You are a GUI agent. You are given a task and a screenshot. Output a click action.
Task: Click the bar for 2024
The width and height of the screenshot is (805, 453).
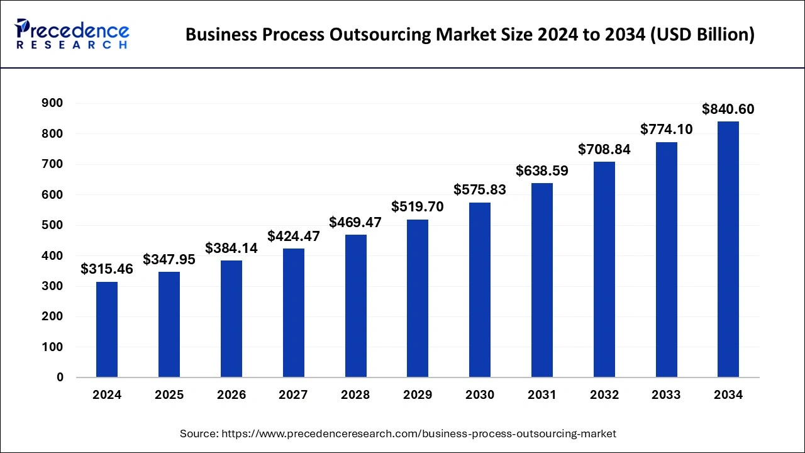pos(107,330)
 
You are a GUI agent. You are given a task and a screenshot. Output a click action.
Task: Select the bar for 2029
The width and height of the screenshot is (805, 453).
pos(418,298)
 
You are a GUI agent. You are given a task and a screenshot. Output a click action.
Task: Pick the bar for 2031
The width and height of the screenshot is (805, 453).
pos(541,280)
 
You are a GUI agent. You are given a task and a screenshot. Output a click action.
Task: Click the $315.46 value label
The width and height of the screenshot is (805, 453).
pos(107,269)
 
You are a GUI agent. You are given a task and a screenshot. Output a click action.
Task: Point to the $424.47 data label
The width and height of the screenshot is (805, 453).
pos(294,237)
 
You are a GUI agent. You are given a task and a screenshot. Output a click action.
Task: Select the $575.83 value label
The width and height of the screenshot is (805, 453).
pos(480,190)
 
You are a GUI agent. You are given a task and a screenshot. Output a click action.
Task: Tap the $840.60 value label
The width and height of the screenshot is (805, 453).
pos(728,109)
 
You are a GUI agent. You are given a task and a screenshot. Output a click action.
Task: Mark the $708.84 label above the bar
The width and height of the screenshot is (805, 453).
pos(604,150)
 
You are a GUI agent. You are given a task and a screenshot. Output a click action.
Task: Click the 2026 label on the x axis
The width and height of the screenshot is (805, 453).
pos(231,395)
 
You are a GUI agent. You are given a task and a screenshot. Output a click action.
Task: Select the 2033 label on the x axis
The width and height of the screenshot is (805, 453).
pos(666,395)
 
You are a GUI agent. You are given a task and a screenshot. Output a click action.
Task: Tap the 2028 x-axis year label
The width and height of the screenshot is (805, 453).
pos(355,395)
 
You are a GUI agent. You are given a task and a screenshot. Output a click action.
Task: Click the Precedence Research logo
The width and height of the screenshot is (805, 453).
pos(72,34)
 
